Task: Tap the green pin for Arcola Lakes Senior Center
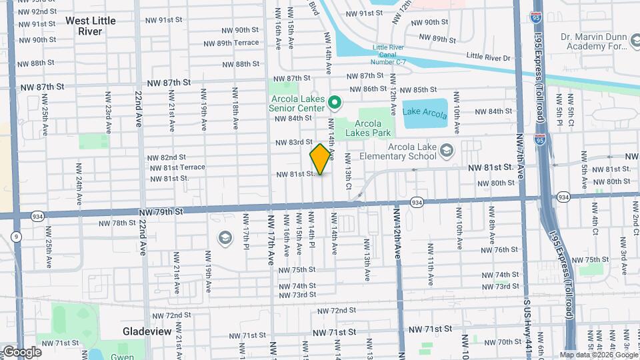tap(336, 103)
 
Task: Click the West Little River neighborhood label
tap(91, 26)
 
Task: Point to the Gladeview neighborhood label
tap(147, 331)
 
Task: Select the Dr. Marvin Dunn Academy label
tap(597, 41)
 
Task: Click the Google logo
tap(22, 351)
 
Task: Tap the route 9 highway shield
tap(16, 236)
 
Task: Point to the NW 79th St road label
tap(161, 211)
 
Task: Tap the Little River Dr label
tap(488, 57)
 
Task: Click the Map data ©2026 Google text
tap(599, 355)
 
